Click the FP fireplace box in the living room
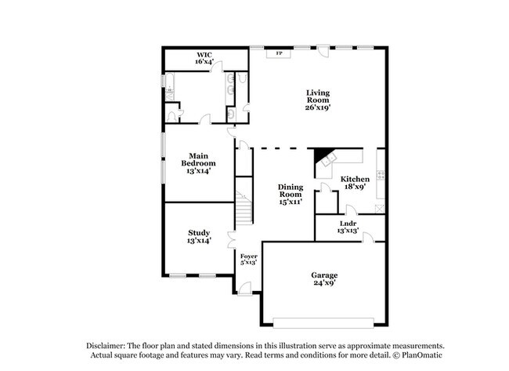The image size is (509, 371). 276,54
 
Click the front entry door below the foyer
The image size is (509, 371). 246,291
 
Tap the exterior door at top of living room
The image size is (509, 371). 323,50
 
